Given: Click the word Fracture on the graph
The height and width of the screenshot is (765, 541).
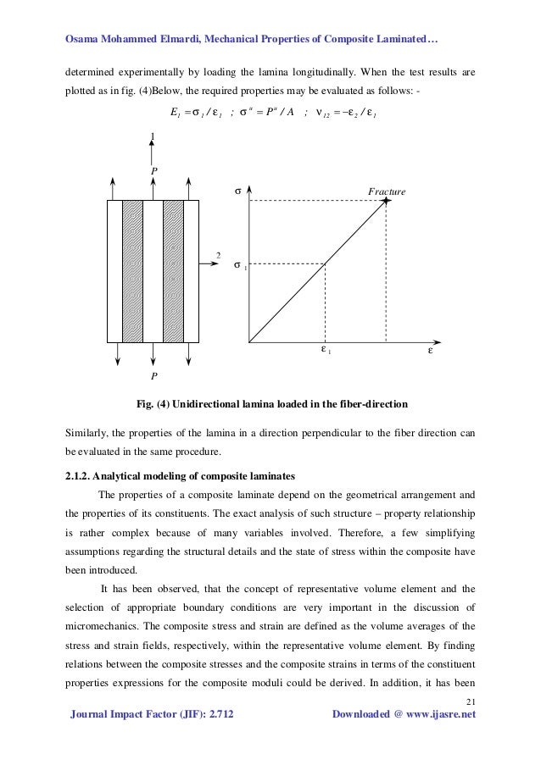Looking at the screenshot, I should pos(387,192).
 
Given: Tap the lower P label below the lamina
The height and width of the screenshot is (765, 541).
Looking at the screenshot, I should pos(153,374).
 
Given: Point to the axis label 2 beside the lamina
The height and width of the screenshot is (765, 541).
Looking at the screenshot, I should pos(218,255).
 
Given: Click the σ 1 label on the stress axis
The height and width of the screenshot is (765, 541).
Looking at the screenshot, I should pos(239,265).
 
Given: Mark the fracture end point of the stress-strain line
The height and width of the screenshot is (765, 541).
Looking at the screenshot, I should pos(386,201).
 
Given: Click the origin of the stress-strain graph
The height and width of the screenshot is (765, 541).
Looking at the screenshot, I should pos(248,343).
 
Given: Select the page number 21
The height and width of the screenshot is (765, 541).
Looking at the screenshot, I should pos(471,700).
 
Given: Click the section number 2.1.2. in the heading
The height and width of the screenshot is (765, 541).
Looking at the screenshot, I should pos(81,474).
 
